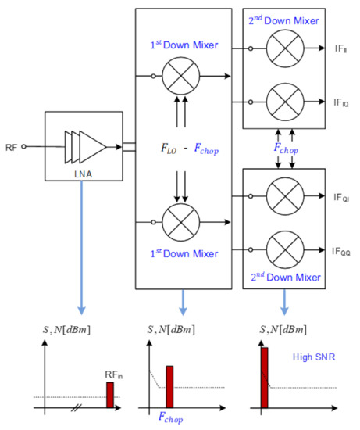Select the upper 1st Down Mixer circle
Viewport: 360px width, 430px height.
coord(182,77)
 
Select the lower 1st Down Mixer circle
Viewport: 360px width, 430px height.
coord(182,215)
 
